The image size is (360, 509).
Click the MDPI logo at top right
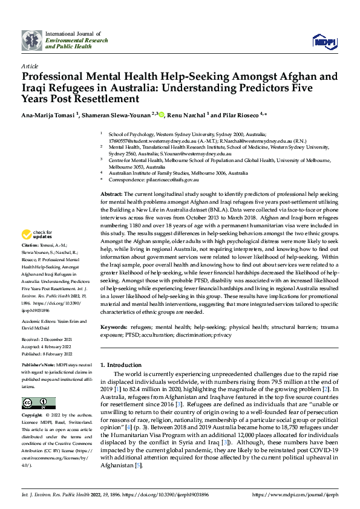(324, 41)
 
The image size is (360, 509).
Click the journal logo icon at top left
(32, 40)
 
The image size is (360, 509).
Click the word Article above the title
(30, 66)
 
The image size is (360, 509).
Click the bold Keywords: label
(113, 327)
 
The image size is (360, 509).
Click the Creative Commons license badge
(39, 403)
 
